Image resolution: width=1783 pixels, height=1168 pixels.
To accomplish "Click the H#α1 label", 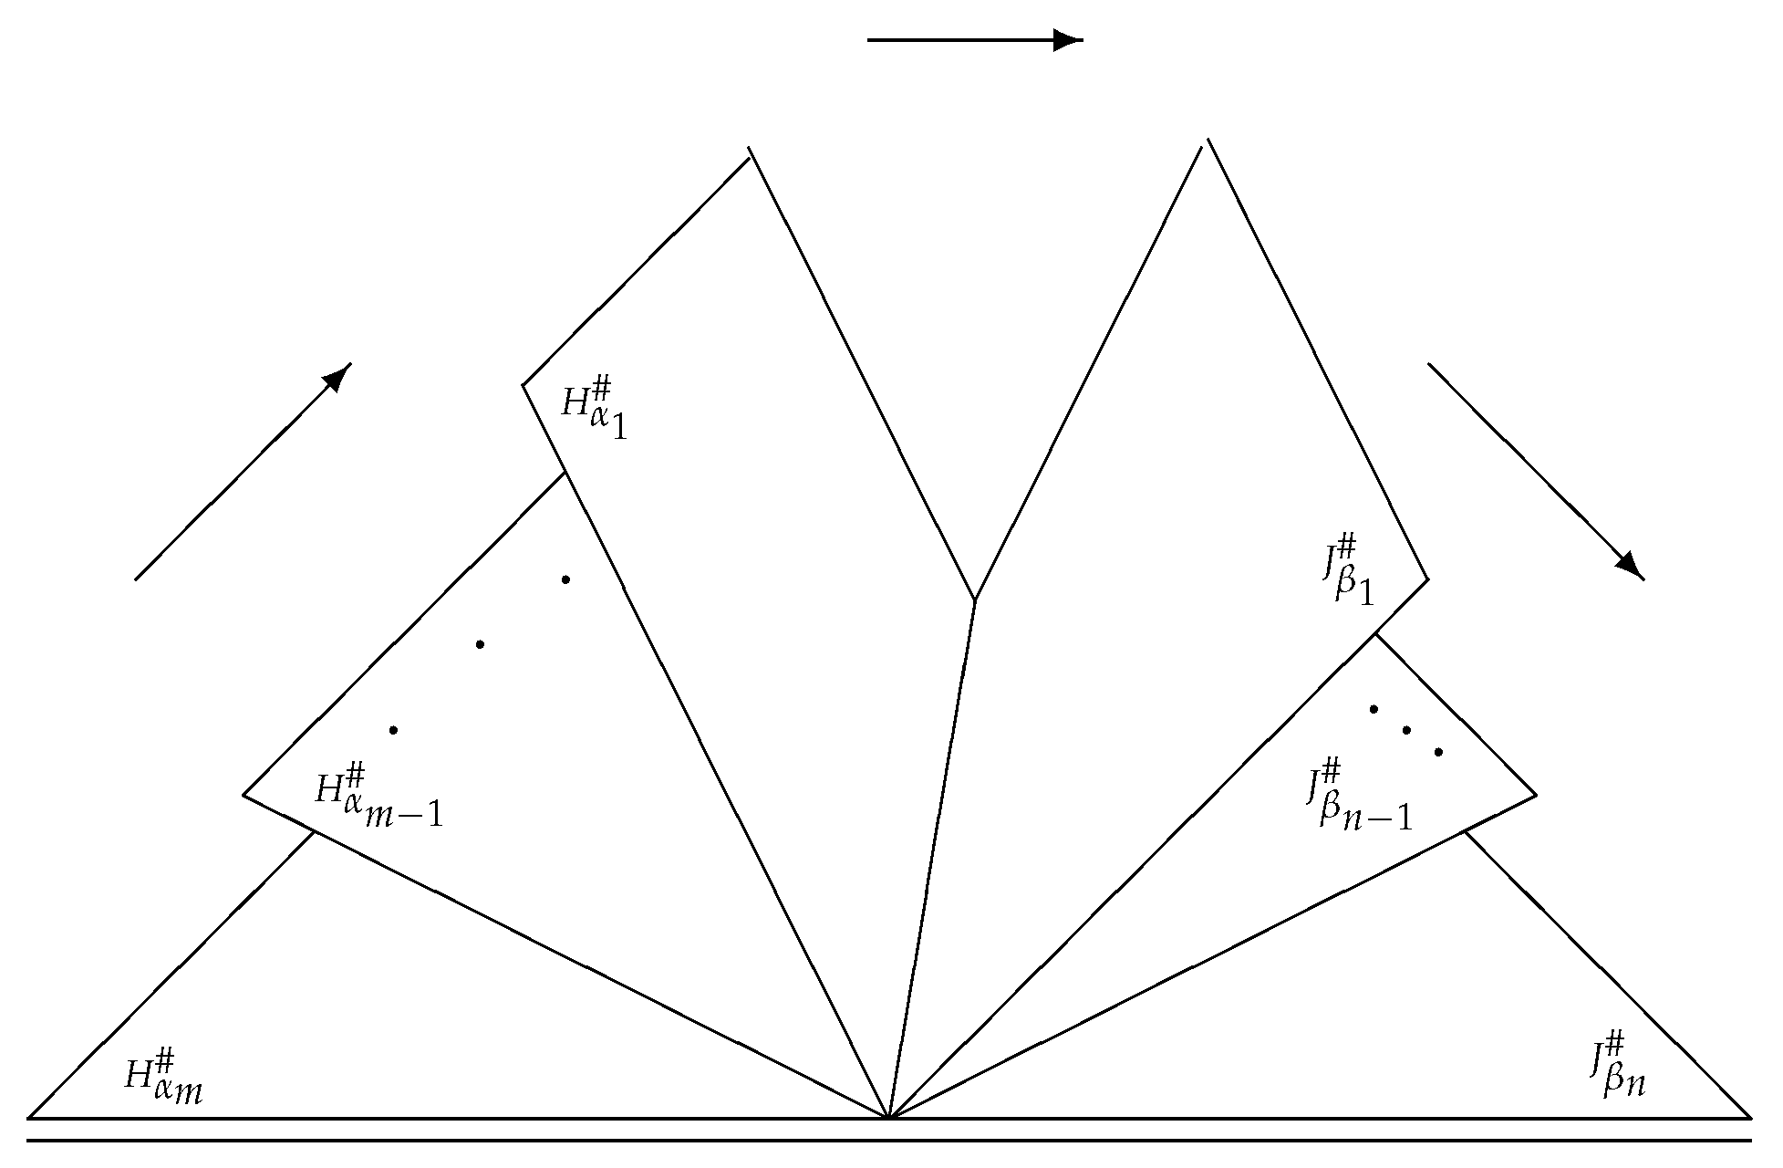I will tap(594, 412).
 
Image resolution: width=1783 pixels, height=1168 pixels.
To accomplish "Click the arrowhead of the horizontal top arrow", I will tap(1067, 40).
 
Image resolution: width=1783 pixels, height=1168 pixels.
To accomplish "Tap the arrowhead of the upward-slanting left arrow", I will tap(339, 375).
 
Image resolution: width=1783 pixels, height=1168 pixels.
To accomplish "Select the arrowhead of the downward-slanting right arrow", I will tap(1631, 566).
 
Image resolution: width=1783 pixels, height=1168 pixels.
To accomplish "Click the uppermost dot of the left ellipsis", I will tap(565, 579).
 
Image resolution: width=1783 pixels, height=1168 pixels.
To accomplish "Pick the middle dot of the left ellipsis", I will tap(480, 644).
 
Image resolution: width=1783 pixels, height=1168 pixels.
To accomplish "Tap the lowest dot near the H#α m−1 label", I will tap(393, 730).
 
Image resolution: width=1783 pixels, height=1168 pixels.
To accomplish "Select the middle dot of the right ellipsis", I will tap(1406, 730).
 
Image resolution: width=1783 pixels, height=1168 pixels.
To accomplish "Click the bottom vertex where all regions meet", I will tap(889, 1117).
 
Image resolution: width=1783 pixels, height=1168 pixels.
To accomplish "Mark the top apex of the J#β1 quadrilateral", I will tap(1207, 141).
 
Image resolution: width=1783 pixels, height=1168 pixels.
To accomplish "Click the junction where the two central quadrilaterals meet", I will tap(975, 600).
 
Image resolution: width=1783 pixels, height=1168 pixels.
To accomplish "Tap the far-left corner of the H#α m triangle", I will tap(29, 1117).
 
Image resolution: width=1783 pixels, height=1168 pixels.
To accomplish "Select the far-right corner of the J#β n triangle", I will tap(1750, 1117).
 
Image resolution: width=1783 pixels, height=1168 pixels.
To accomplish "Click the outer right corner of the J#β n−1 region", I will tap(1536, 796).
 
